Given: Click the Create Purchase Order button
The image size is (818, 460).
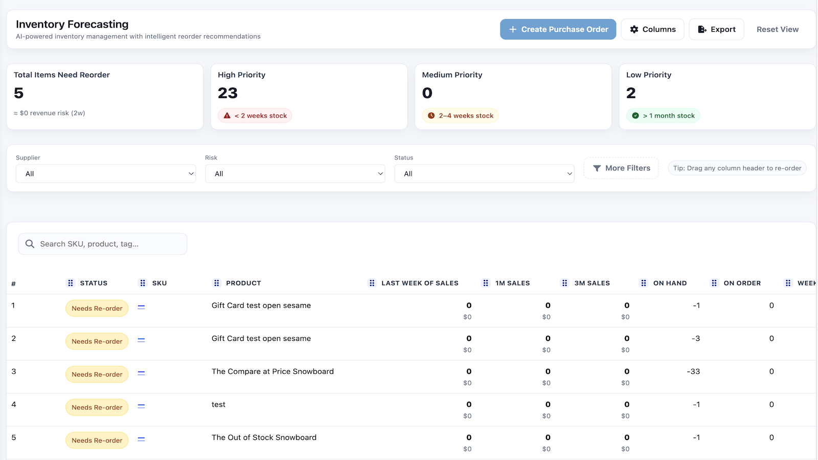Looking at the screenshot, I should [558, 30].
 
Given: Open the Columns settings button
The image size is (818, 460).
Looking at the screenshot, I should [652, 30].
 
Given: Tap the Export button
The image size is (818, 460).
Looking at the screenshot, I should [716, 30].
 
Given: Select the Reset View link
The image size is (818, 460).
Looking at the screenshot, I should [777, 30].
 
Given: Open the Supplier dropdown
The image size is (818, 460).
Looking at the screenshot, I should [106, 174].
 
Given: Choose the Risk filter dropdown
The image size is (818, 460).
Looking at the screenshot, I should [295, 174].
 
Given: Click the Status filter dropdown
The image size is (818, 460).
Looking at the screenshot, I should [484, 174].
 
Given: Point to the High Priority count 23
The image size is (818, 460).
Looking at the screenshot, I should [228, 93].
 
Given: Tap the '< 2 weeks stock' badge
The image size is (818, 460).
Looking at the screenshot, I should [255, 116].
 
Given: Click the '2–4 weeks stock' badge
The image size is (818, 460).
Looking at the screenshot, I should [460, 116].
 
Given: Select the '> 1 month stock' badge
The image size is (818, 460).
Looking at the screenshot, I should [663, 116].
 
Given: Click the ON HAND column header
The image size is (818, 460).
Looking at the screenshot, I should [670, 283].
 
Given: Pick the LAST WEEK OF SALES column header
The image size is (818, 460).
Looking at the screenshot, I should [419, 283].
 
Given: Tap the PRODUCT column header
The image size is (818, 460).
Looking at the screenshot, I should [243, 283].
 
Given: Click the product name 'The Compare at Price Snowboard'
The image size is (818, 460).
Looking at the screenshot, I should [272, 372].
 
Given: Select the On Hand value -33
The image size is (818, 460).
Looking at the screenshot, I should [693, 372].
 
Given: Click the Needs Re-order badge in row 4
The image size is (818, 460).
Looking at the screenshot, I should [97, 407].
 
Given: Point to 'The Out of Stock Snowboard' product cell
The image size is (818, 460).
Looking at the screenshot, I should [264, 438].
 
